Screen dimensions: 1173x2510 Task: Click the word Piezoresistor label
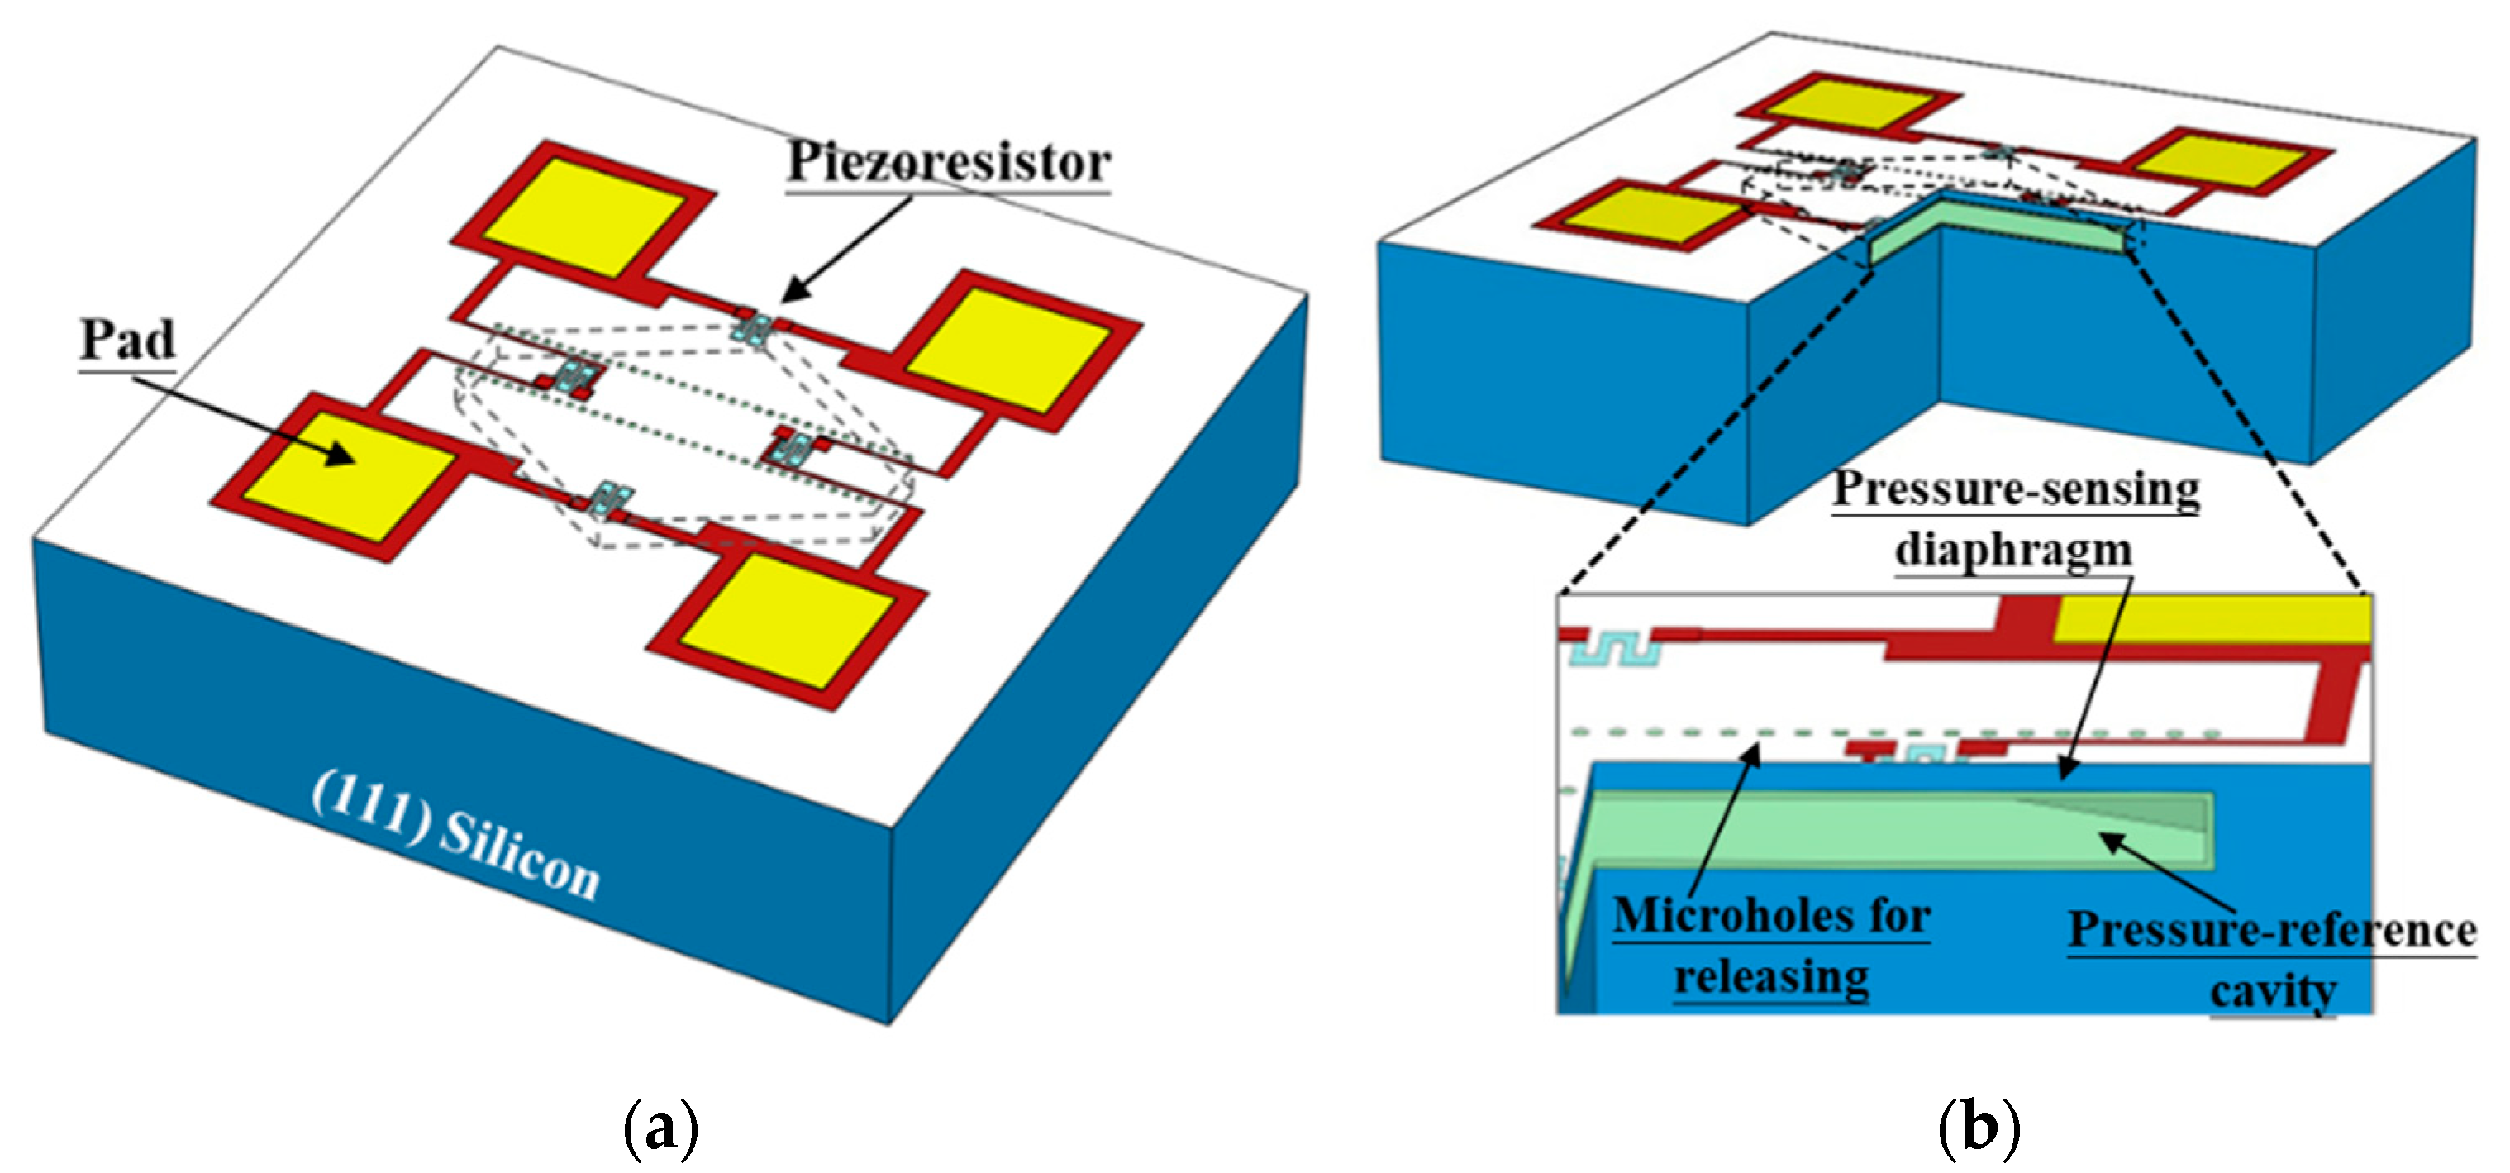click(x=947, y=163)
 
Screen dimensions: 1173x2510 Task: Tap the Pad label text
click(x=127, y=340)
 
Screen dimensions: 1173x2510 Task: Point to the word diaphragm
click(x=2013, y=551)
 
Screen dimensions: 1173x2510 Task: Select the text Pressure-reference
click(x=2271, y=931)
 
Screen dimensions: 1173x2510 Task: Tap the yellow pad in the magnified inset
click(x=2212, y=617)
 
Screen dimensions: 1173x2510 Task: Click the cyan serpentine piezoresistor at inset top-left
click(x=1612, y=650)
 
